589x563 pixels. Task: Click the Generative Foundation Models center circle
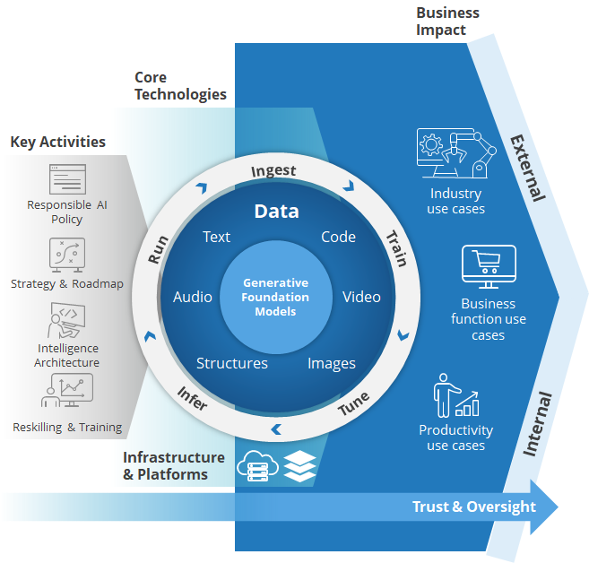pos(275,297)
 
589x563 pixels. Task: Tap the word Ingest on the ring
pos(273,170)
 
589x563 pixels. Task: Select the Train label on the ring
pos(395,248)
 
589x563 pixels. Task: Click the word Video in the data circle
pos(361,297)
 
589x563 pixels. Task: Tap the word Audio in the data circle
pos(193,297)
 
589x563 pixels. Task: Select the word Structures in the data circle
pos(232,363)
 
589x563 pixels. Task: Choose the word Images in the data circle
pos(332,363)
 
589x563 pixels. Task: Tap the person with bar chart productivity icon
pos(455,395)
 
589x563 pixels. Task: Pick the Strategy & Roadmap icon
pos(67,255)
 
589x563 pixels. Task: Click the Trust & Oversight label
pos(473,507)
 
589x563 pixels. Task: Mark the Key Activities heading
pos(57,142)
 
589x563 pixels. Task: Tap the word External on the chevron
pos(527,168)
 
